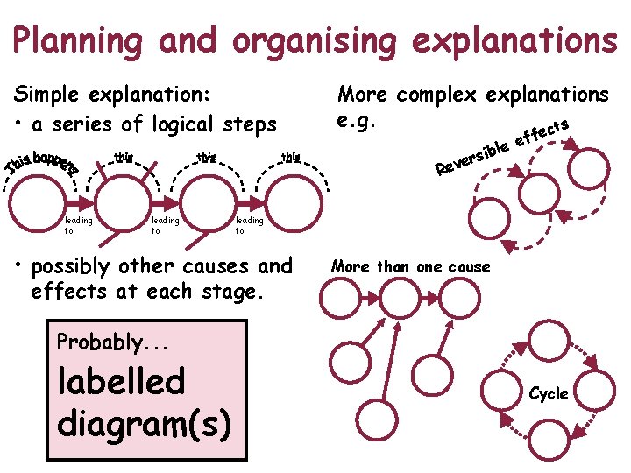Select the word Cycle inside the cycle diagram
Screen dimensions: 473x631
[x=549, y=394]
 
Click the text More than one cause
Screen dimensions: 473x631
[x=411, y=266]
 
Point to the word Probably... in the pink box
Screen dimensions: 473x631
[x=98, y=342]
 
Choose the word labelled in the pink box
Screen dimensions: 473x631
[x=121, y=381]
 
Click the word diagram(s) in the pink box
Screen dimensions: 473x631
[x=144, y=422]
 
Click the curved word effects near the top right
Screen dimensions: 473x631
[x=544, y=131]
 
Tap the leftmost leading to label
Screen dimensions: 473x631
[x=79, y=226]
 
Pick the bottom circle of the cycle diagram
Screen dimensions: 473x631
[x=552, y=448]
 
